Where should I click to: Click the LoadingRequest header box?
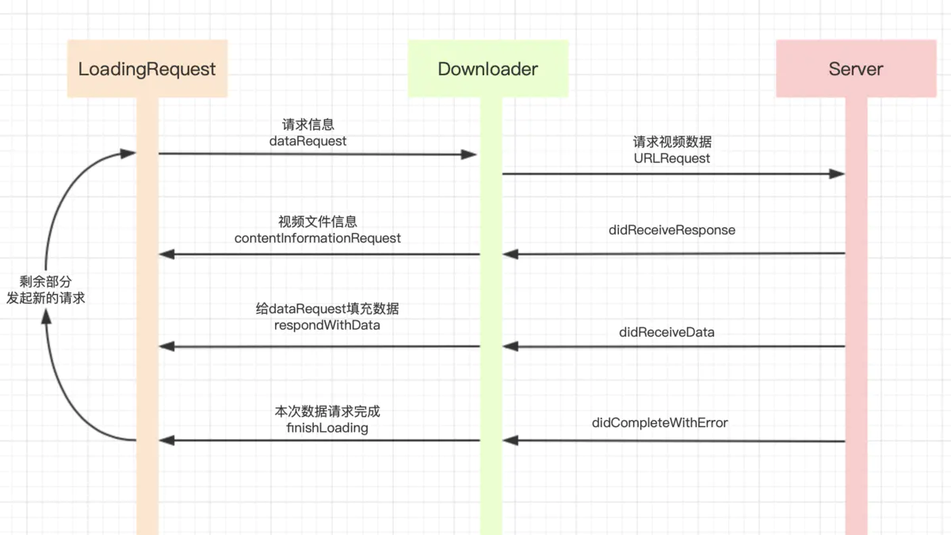(x=147, y=69)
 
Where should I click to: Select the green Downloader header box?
(x=487, y=69)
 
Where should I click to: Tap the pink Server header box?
(x=855, y=69)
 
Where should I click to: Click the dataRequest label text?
(x=308, y=140)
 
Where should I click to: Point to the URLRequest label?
(x=672, y=158)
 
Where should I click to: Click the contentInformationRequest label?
(x=318, y=238)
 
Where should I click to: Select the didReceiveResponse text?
(x=672, y=230)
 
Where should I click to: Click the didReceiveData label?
(x=666, y=332)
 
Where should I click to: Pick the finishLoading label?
(x=327, y=428)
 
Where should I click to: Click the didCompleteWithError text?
(x=659, y=422)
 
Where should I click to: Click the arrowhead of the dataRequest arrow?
(x=470, y=155)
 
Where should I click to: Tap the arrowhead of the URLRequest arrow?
(x=837, y=174)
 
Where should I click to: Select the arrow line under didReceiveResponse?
(x=674, y=254)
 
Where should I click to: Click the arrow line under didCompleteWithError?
(x=674, y=441)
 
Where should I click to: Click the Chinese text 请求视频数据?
(x=672, y=142)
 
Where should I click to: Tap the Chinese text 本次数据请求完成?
(x=327, y=412)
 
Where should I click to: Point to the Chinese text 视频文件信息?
(x=318, y=222)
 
